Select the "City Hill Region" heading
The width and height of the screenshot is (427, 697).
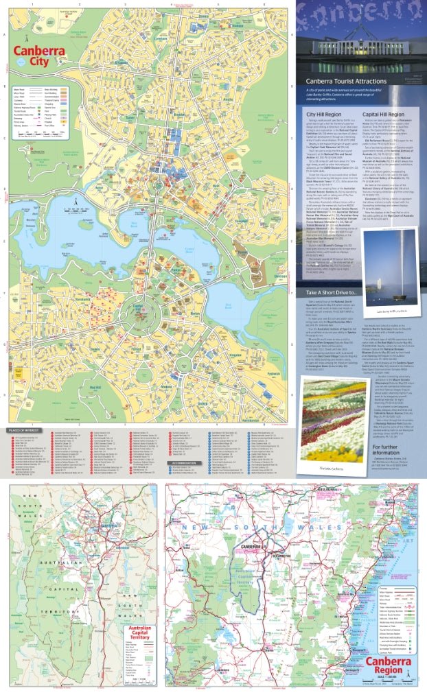(x=324, y=115)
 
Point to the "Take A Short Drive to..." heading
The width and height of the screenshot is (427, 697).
(x=332, y=293)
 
